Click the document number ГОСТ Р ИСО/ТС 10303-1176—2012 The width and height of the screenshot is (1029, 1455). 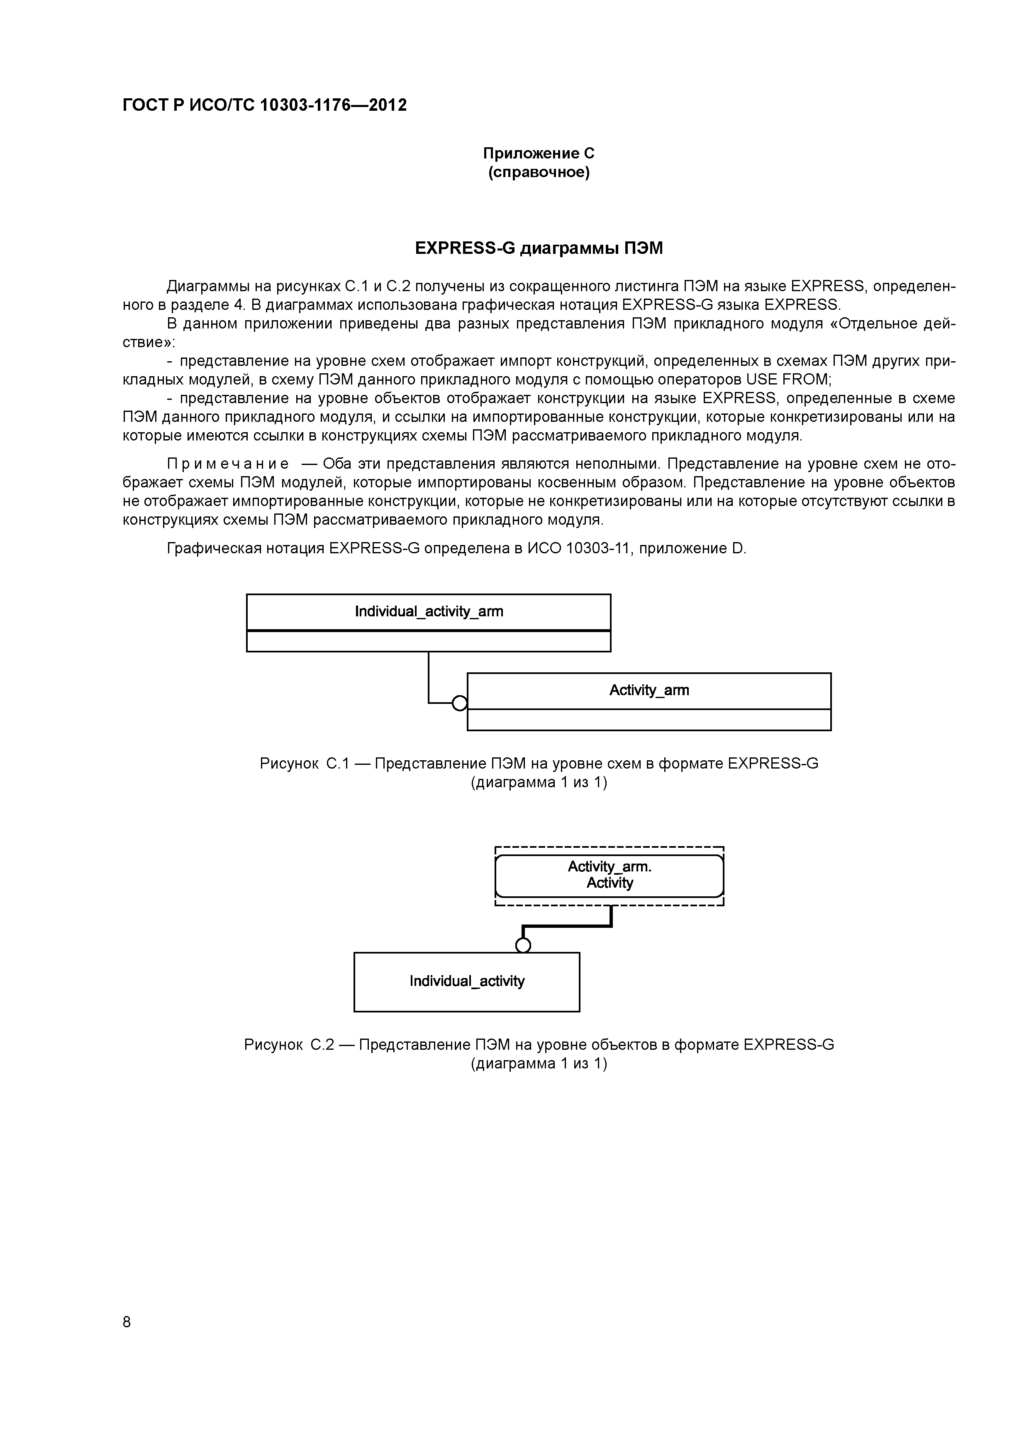tap(264, 105)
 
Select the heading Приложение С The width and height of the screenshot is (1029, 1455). tap(538, 153)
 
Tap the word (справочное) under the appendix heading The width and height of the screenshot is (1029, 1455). tap(538, 173)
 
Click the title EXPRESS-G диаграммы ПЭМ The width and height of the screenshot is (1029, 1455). tap(538, 248)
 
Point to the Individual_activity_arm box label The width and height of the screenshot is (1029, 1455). tap(429, 611)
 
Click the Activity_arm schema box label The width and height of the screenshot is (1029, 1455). tap(649, 690)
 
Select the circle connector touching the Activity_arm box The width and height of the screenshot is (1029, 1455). tap(460, 703)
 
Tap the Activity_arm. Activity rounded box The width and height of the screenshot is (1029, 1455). tap(609, 875)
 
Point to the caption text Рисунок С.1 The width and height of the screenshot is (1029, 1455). tap(304, 764)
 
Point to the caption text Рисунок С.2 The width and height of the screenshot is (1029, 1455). tap(288, 1045)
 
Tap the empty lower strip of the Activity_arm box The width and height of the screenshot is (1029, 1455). tap(649, 720)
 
